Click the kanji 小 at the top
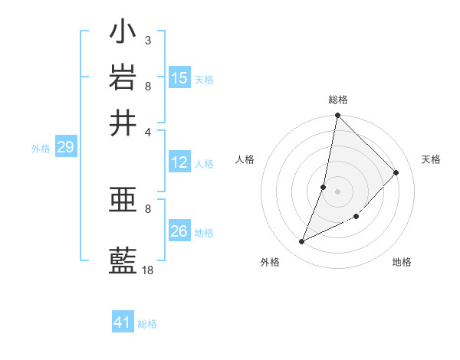[x=123, y=34]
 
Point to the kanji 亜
[x=123, y=201]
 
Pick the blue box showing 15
[x=179, y=78]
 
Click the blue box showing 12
[x=179, y=162]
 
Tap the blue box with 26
[x=179, y=231]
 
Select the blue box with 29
[x=65, y=147]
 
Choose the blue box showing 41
[x=123, y=322]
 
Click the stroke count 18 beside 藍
[x=147, y=270]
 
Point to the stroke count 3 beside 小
[x=147, y=40]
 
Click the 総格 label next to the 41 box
[x=147, y=324]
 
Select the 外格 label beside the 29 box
[x=40, y=149]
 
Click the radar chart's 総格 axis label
[x=337, y=100]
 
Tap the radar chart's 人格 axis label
[x=245, y=159]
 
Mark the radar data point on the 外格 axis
[x=302, y=242]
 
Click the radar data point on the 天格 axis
[x=396, y=172]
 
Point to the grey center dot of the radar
[x=337, y=191]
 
